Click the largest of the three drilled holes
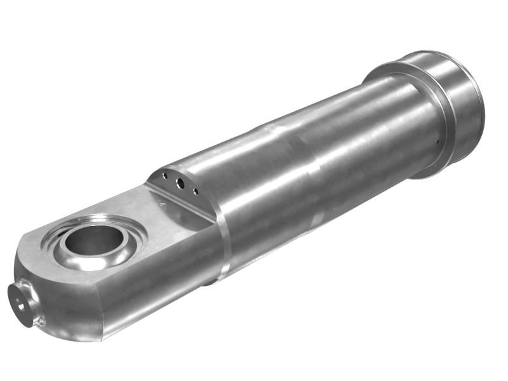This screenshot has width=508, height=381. (x=180, y=183)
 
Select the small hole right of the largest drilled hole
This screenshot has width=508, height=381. (x=195, y=191)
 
